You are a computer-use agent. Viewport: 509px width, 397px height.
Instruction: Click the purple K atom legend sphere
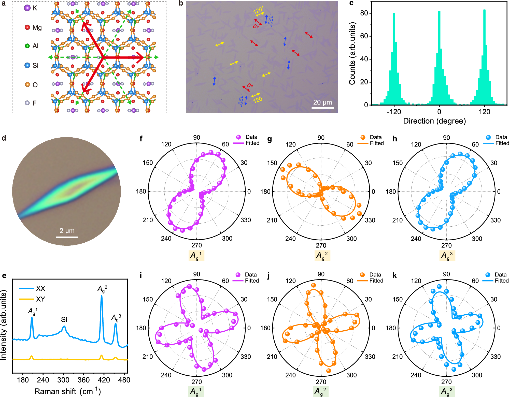tap(27, 8)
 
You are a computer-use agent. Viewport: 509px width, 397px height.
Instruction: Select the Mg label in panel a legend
tap(37, 27)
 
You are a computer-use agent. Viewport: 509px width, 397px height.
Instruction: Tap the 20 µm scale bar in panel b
tap(322, 108)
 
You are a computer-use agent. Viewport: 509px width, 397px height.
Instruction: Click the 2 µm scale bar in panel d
tap(67, 237)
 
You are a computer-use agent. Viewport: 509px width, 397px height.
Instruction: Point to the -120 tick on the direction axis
tap(394, 112)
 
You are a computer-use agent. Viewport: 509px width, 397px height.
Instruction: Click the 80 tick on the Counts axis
tap(364, 13)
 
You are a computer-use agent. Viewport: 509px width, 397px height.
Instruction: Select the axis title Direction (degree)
tap(434, 121)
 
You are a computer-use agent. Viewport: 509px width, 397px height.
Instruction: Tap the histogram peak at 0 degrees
tap(439, 12)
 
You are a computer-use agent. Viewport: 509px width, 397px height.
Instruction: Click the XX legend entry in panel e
tap(32, 288)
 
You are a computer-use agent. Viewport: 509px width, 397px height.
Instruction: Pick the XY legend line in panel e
tap(27, 299)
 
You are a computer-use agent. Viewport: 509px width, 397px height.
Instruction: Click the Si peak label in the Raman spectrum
tap(64, 319)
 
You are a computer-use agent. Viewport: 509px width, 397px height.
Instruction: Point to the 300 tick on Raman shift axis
tap(63, 380)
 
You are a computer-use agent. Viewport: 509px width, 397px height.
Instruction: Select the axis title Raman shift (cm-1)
tap(67, 391)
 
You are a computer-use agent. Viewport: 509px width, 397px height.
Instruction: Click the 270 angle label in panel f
tap(196, 245)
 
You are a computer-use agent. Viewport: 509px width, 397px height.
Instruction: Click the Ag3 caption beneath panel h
tap(447, 255)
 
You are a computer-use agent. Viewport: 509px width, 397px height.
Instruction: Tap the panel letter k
tap(395, 275)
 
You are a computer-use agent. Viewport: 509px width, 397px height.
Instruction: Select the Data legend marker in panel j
tap(362, 275)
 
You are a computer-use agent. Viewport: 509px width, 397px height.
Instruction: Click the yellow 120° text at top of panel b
tap(258, 10)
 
